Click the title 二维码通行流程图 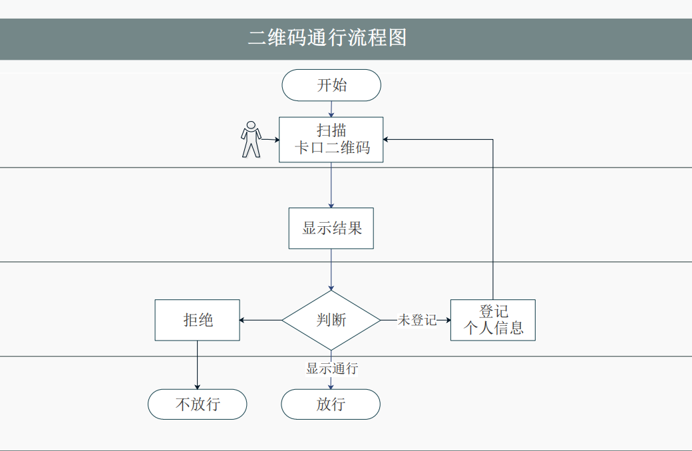[327, 37]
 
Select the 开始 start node [331, 85]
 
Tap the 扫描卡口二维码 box [331, 140]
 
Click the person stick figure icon [250, 139]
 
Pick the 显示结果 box [331, 228]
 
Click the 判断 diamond [331, 320]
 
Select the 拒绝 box [198, 320]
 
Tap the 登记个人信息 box [493, 320]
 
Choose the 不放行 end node [198, 404]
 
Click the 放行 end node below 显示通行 [331, 404]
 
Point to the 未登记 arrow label [417, 320]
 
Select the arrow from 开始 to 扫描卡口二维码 [331, 109]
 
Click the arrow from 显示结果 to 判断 [331, 269]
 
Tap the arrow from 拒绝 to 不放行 [198, 365]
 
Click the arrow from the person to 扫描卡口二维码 [269, 140]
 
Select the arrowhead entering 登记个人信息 [447, 320]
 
